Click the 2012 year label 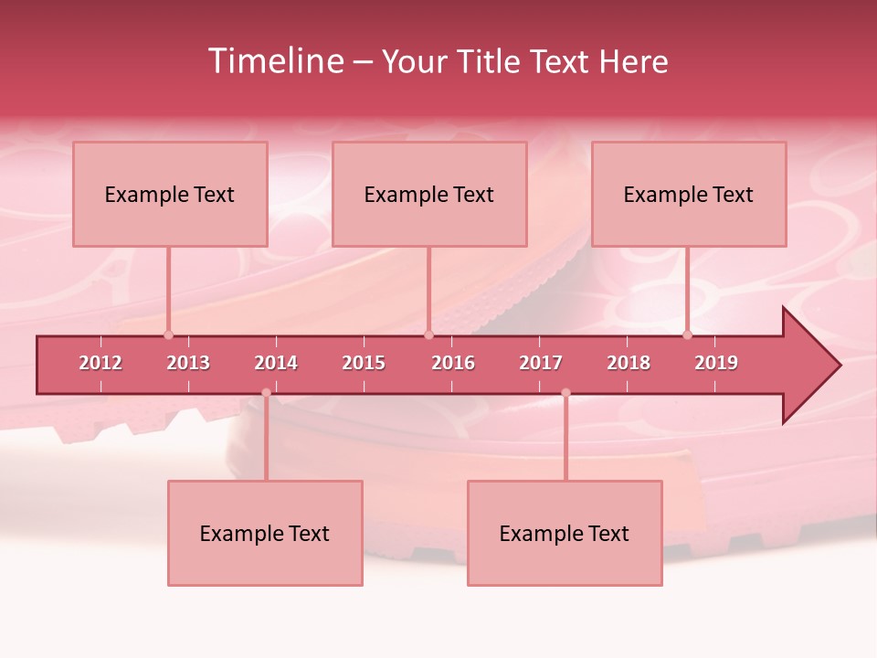tap(100, 363)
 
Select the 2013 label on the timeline tap(188, 363)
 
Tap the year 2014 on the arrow tap(276, 363)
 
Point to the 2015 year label tap(364, 363)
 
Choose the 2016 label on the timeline tap(453, 363)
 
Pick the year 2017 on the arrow tap(541, 363)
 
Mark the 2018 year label tap(629, 363)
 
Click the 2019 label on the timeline tap(716, 363)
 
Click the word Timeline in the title tap(275, 61)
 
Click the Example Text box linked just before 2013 tap(170, 194)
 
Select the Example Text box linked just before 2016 tap(429, 194)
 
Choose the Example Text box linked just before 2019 tap(689, 194)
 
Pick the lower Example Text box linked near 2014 tap(265, 533)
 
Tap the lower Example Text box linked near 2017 tap(565, 533)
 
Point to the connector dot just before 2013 tap(168, 334)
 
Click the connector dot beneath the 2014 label tap(266, 393)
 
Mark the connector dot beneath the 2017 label tap(565, 393)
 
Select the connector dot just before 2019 tap(687, 334)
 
